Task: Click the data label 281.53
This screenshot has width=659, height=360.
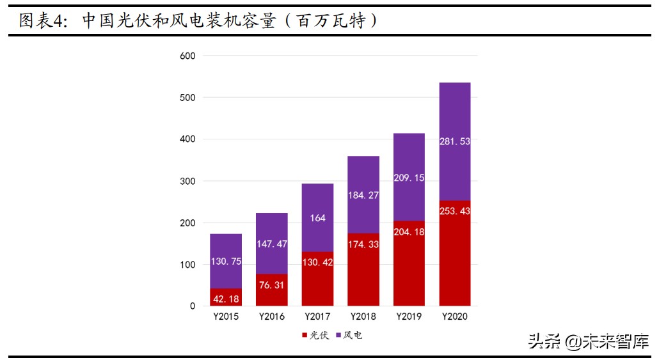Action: pyautogui.click(x=455, y=141)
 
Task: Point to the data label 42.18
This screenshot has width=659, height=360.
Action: pyautogui.click(x=226, y=299)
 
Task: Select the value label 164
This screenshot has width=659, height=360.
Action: pyautogui.click(x=317, y=218)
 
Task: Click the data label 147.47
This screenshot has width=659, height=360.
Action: pyautogui.click(x=271, y=244)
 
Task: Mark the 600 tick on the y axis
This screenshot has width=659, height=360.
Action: pyautogui.click(x=187, y=56)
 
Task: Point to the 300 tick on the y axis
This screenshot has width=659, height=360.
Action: pyautogui.click(x=187, y=181)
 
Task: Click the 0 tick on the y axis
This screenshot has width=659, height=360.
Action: pyautogui.click(x=193, y=306)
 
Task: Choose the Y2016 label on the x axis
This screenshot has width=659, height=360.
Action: pyautogui.click(x=271, y=317)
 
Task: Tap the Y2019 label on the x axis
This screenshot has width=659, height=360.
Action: pyautogui.click(x=409, y=317)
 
